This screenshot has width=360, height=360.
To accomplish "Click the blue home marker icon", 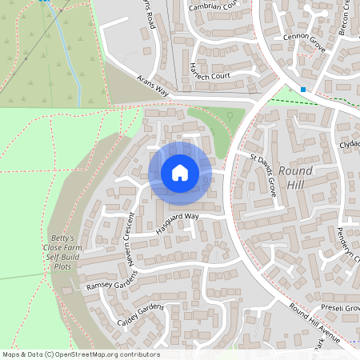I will (180, 173).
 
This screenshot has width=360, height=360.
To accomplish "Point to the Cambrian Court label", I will (213, 7).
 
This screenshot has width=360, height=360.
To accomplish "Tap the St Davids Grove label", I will (263, 176).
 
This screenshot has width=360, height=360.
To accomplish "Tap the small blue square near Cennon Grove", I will (303, 89).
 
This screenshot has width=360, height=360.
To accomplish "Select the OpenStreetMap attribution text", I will (81, 354).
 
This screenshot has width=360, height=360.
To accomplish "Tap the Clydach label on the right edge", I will (349, 145).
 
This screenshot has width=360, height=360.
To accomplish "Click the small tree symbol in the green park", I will (230, 116).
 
